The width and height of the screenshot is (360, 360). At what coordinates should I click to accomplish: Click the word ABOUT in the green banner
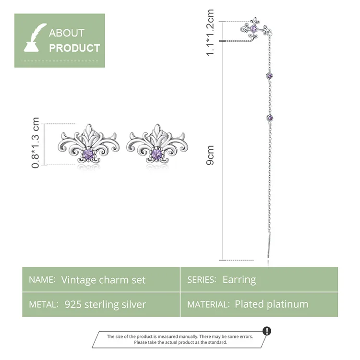click(x=66, y=33)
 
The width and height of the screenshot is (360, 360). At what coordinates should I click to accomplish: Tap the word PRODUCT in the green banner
click(x=74, y=48)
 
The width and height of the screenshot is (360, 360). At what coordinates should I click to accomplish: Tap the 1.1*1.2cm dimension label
click(x=210, y=32)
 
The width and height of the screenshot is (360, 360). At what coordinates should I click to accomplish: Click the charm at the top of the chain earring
click(x=254, y=30)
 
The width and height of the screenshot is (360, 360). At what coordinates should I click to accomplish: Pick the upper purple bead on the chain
click(x=269, y=76)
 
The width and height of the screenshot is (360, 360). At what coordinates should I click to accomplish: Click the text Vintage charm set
click(x=103, y=280)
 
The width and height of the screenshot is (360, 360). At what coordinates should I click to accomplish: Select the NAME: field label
click(x=42, y=280)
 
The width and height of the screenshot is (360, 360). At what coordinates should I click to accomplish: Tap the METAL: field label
click(x=43, y=304)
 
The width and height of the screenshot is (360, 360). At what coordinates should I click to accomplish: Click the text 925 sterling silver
click(x=105, y=304)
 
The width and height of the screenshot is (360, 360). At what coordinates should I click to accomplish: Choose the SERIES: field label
click(x=201, y=280)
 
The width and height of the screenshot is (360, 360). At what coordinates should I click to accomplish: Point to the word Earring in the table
click(x=239, y=280)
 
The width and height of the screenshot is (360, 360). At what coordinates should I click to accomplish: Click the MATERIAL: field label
click(x=208, y=304)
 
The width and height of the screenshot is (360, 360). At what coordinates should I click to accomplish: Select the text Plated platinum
click(x=272, y=304)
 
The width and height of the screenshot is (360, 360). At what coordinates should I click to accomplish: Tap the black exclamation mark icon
click(x=267, y=331)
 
